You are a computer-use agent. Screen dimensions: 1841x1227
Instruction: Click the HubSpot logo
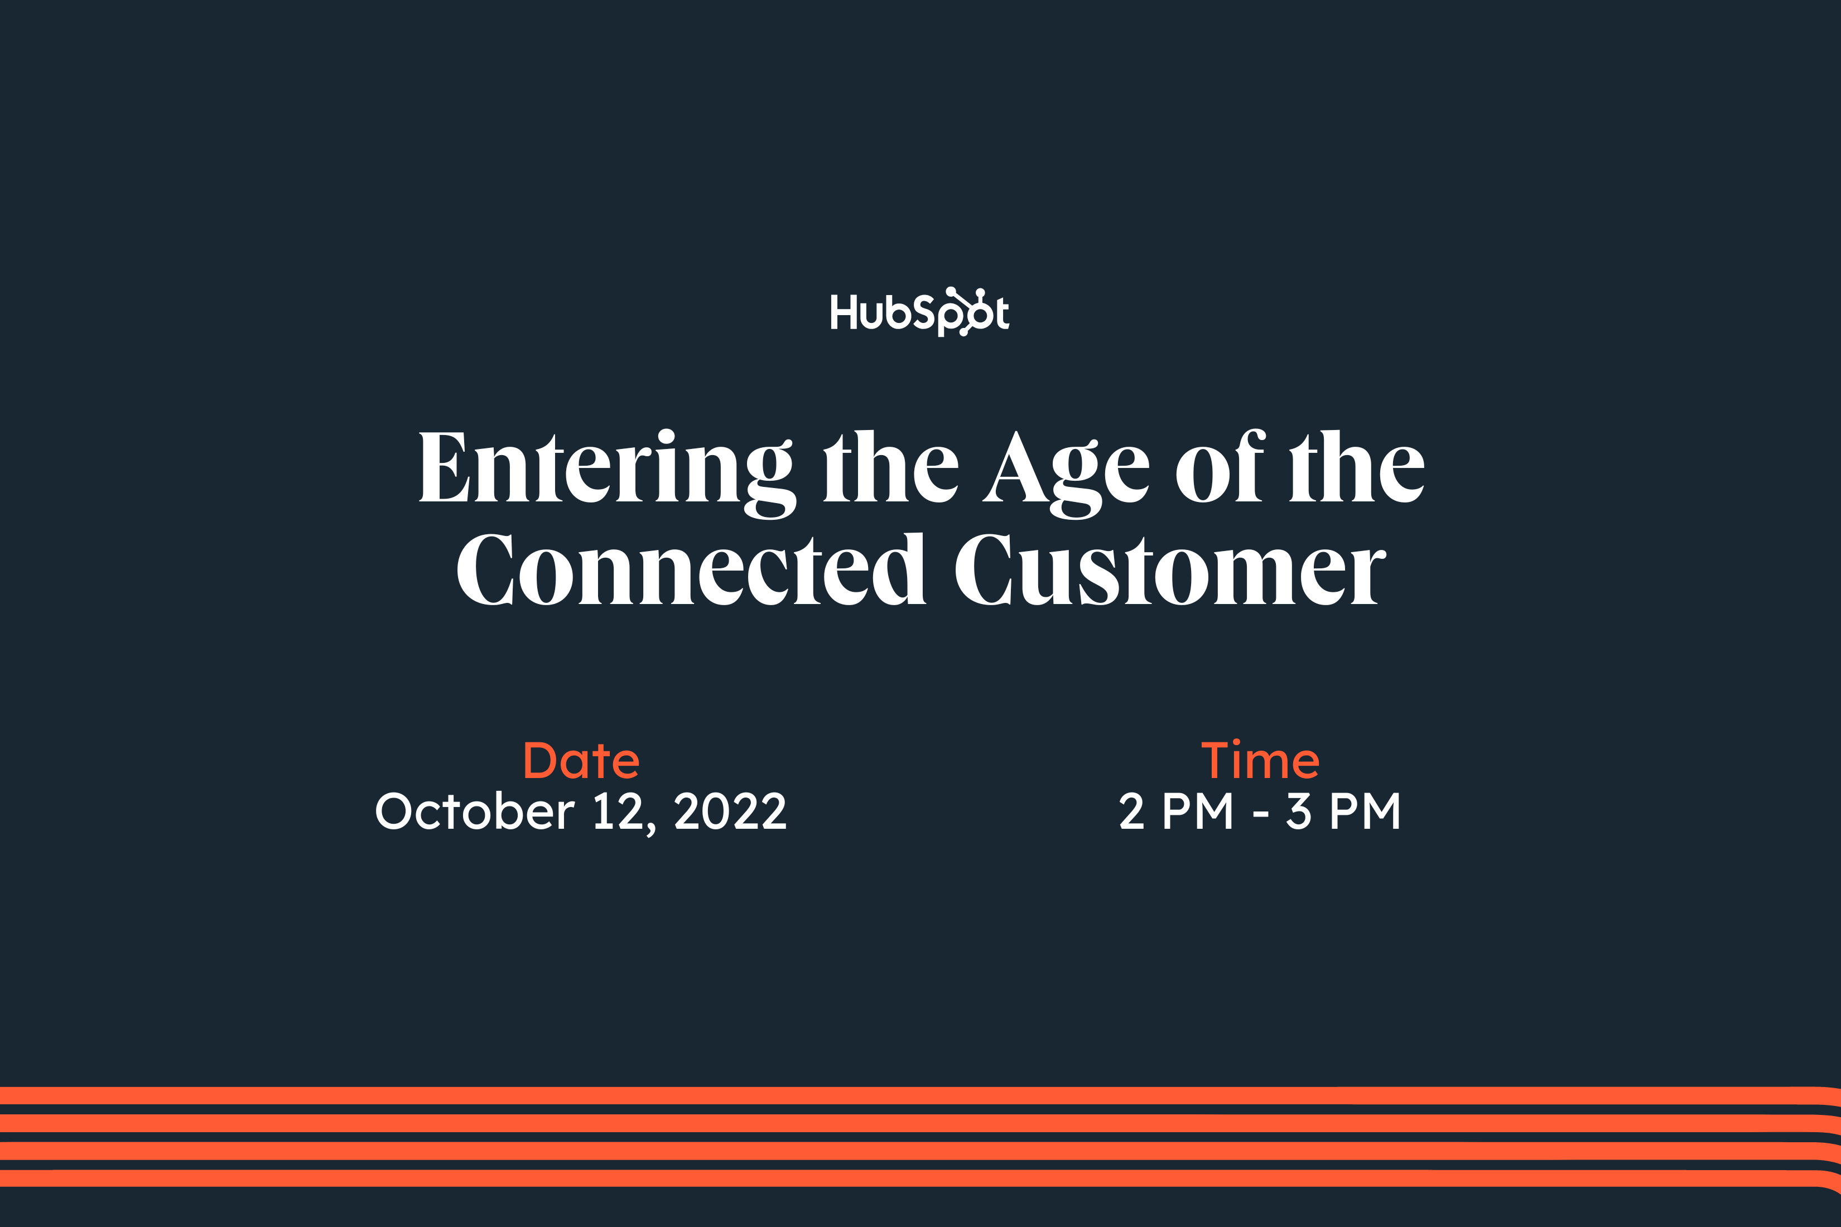pyautogui.click(x=920, y=311)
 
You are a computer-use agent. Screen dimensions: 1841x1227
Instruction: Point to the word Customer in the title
pyautogui.click(x=1170, y=569)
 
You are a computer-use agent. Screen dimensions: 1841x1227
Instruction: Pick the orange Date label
pyautogui.click(x=581, y=760)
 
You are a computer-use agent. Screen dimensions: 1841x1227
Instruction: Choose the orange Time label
pyautogui.click(x=1260, y=760)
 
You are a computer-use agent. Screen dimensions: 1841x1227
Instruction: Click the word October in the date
pyautogui.click(x=475, y=811)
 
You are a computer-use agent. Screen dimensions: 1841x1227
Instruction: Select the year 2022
pyautogui.click(x=730, y=811)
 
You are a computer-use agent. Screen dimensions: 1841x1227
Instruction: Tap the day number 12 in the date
pyautogui.click(x=618, y=811)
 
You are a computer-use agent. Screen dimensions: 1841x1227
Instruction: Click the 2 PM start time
pyautogui.click(x=1175, y=811)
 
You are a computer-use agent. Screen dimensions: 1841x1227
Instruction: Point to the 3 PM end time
pyautogui.click(x=1343, y=811)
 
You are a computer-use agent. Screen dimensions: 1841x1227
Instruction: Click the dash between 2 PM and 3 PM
pyautogui.click(x=1260, y=815)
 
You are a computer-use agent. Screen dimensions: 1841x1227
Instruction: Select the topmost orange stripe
pyautogui.click(x=920, y=1095)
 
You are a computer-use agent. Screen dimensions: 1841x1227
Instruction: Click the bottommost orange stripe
pyautogui.click(x=920, y=1178)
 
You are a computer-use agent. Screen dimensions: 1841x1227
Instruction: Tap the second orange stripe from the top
pyautogui.click(x=920, y=1123)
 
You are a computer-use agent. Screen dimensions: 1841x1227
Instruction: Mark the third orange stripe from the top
pyautogui.click(x=920, y=1150)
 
